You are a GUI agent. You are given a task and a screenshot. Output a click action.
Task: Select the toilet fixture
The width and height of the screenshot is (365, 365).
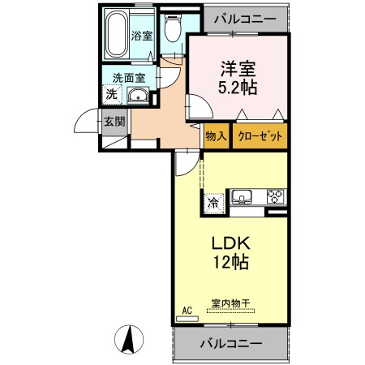tap(171, 30)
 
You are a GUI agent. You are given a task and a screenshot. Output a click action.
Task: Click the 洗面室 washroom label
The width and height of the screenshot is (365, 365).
tap(128, 79)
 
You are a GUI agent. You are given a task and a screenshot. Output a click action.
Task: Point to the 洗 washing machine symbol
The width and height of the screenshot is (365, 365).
tap(111, 95)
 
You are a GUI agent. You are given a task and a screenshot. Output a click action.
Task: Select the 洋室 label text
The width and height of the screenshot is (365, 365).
tap(237, 68)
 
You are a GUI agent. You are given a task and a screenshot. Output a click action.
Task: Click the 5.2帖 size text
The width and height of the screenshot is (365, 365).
tap(237, 88)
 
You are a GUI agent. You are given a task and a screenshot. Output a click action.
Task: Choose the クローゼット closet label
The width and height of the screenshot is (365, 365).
tap(260, 136)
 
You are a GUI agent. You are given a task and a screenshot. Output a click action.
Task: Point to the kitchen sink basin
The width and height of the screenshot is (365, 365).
tap(244, 197)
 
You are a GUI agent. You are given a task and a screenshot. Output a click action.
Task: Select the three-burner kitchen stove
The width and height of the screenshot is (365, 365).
tap(275, 197)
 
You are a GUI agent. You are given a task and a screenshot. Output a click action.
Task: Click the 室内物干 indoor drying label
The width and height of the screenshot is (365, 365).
tap(230, 303)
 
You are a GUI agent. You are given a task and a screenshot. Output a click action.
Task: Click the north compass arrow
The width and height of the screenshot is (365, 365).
tap(127, 337)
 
